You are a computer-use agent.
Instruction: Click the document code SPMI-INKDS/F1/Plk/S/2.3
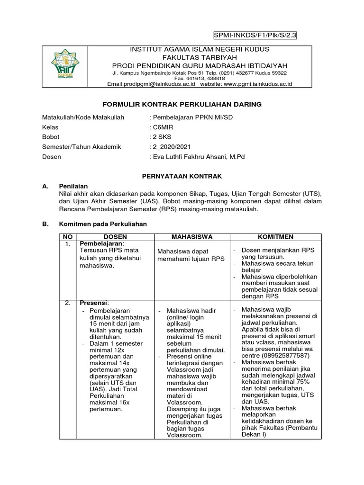pyautogui.click(x=256, y=35)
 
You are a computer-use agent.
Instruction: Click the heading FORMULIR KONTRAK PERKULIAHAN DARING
pyautogui.click(x=182, y=104)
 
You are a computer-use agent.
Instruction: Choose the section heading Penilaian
pyautogui.click(x=73, y=186)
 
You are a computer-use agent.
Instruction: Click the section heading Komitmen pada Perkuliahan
pyautogui.click(x=103, y=224)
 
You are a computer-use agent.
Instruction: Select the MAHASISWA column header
pyautogui.click(x=192, y=237)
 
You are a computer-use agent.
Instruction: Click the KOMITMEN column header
pyautogui.click(x=275, y=237)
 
